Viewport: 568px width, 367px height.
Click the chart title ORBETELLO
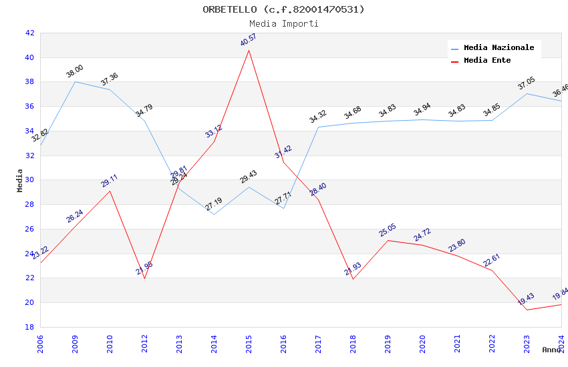(284, 9)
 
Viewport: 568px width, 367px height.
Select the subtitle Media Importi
(284, 23)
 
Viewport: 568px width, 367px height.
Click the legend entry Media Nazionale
(499, 48)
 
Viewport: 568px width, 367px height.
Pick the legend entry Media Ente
(487, 61)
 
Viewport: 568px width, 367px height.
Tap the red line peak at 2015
(249, 50)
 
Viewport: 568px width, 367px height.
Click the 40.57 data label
(249, 40)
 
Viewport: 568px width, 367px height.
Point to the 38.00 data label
(75, 71)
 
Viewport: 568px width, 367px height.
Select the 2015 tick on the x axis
(249, 344)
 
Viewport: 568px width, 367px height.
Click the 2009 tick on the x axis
(75, 344)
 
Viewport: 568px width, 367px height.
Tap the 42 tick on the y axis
(30, 33)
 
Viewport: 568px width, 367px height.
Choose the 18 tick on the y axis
(30, 327)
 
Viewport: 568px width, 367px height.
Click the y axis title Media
(20, 180)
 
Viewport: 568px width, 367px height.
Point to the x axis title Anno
(551, 350)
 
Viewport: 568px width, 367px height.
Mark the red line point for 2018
(353, 279)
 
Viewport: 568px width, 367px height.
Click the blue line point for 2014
(214, 214)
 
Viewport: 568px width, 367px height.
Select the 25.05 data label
(388, 230)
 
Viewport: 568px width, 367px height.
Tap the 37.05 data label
(527, 83)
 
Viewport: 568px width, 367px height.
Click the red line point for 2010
(110, 191)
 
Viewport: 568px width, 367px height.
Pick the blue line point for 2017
(318, 127)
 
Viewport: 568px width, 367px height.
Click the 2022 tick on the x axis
(492, 344)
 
